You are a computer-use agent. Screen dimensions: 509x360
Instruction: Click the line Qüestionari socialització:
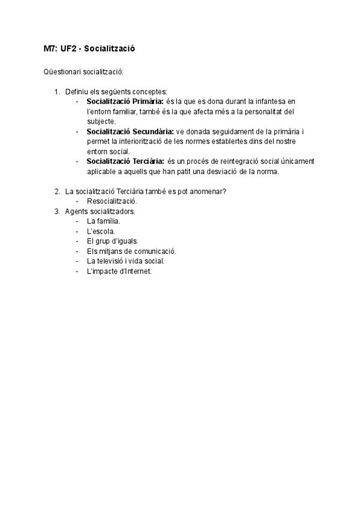pyautogui.click(x=83, y=72)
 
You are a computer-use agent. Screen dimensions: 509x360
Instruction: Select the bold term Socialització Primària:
pyautogui.click(x=124, y=101)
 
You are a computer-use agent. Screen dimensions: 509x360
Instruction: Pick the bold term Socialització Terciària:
pyautogui.click(x=126, y=161)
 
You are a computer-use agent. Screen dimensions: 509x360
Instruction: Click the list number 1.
pyautogui.click(x=56, y=91)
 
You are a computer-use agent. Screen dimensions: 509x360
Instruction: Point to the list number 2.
pyautogui.click(x=56, y=191)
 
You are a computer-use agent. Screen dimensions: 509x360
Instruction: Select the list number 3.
pyautogui.click(x=56, y=211)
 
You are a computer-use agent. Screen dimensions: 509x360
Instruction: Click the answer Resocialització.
pyautogui.click(x=112, y=201)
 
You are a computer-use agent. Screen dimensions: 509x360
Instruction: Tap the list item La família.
pyautogui.click(x=103, y=221)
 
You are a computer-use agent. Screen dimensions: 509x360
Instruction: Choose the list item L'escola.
pyautogui.click(x=101, y=231)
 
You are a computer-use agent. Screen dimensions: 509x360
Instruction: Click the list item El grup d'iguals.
pyautogui.click(x=112, y=241)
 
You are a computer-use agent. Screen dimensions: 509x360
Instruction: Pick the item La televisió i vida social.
pyautogui.click(x=125, y=261)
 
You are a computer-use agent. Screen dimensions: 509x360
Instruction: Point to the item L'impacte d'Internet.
pyautogui.click(x=119, y=271)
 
